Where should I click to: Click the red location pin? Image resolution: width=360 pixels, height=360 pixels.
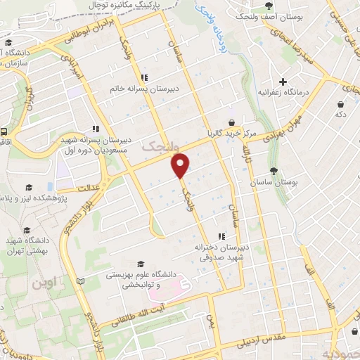(181, 166)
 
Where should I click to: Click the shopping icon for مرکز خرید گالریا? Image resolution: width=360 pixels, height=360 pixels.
(231, 122)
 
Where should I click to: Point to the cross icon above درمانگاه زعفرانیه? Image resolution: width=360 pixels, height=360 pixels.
(283, 81)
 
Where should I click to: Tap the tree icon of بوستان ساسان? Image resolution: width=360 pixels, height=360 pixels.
(274, 171)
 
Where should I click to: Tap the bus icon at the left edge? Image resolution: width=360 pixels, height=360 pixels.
(4, 131)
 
